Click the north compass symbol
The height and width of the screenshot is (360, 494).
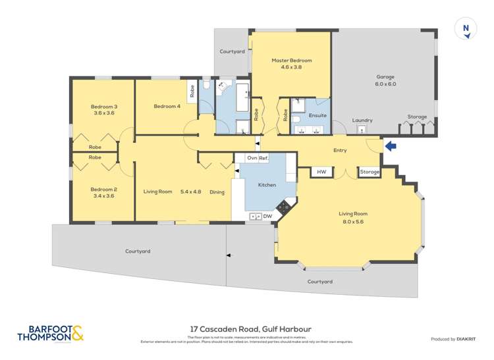pyautogui.click(x=466, y=30)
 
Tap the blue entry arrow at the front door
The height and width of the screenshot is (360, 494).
pyautogui.click(x=391, y=146)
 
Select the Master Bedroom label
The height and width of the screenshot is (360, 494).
pyautogui.click(x=292, y=61)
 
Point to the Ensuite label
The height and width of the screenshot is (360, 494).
pyautogui.click(x=317, y=115)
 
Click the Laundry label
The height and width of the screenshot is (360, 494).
pyautogui.click(x=362, y=120)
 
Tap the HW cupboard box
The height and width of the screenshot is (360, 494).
pyautogui.click(x=321, y=172)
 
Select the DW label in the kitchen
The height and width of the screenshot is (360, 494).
pyautogui.click(x=267, y=216)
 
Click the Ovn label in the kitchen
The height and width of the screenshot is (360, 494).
pyautogui.click(x=251, y=158)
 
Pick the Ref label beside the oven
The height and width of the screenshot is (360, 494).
pyautogui.click(x=263, y=158)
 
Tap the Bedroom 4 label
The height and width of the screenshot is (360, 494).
pyautogui.click(x=167, y=107)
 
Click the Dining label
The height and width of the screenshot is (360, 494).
pyautogui.click(x=217, y=192)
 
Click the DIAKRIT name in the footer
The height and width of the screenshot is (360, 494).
pyautogui.click(x=467, y=339)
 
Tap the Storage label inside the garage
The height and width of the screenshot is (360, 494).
pyautogui.click(x=416, y=117)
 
